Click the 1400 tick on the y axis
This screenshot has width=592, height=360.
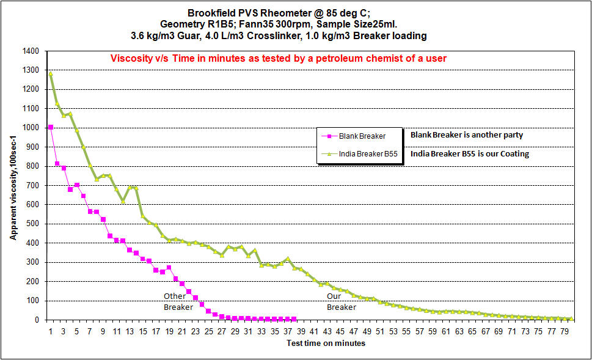click(31, 51)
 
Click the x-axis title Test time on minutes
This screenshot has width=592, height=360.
click(326, 343)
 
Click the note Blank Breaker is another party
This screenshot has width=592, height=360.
click(466, 134)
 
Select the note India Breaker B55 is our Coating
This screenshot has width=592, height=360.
click(469, 154)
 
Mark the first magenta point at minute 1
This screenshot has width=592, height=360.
click(51, 127)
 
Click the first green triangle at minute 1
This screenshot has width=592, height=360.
click(51, 73)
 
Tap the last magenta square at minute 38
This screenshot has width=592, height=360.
click(294, 319)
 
